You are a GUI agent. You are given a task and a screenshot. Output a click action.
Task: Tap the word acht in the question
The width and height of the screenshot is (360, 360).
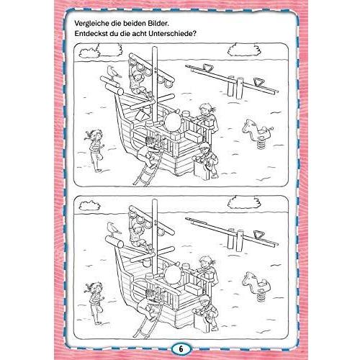(139, 33)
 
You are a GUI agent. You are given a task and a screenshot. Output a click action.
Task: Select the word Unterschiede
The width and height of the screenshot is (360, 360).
(172, 33)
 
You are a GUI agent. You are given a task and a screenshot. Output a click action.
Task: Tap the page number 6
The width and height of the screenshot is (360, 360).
(181, 349)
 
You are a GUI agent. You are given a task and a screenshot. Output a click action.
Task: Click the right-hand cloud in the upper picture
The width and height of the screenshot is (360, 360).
(244, 50)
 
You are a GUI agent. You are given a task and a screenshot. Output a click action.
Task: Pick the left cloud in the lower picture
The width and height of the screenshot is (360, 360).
(89, 206)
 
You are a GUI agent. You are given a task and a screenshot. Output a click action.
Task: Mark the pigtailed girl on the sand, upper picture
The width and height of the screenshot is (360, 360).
(96, 150)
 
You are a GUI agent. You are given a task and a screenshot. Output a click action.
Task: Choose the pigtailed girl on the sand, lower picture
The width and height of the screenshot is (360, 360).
(96, 303)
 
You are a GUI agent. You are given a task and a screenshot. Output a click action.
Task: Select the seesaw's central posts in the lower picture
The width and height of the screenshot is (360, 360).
(235, 240)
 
